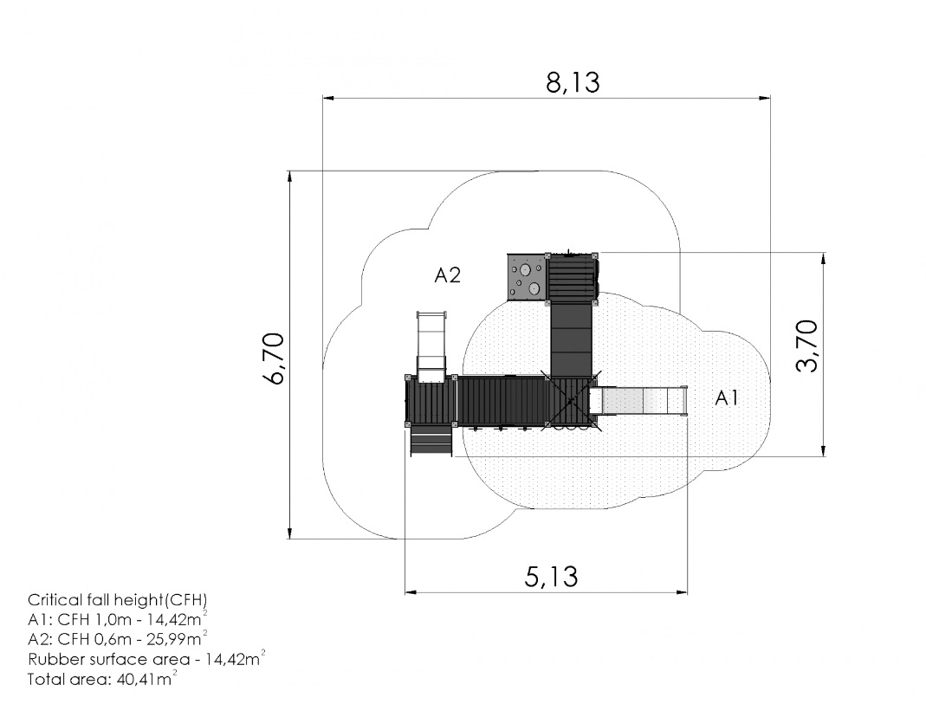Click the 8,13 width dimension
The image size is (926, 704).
tap(573, 82)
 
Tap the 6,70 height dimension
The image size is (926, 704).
tap(275, 358)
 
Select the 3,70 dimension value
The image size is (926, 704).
tap(807, 346)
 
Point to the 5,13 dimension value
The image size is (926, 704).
tap(551, 577)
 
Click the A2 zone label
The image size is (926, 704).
tap(447, 275)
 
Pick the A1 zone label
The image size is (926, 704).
tap(727, 398)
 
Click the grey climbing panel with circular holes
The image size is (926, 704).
tap(525, 277)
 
